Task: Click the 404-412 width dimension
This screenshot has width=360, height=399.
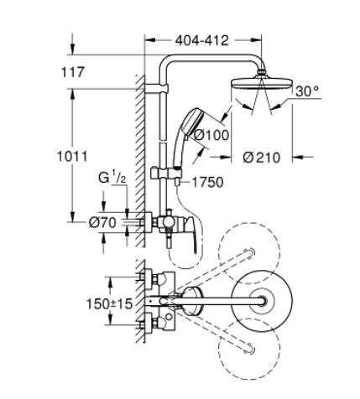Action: [x=201, y=41]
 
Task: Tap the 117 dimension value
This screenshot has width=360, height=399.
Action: [x=73, y=72]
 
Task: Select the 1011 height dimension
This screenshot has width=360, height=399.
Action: [x=72, y=156]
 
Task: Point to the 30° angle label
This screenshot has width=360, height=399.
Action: [x=307, y=91]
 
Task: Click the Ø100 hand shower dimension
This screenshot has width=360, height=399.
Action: [x=211, y=135]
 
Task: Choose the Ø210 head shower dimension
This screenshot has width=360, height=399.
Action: [x=261, y=158]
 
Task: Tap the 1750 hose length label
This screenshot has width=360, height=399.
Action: [x=207, y=183]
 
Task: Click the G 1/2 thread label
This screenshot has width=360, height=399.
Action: [x=112, y=178]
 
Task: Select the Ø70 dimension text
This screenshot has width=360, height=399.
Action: [x=102, y=223]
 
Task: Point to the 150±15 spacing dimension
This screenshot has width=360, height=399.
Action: [x=109, y=304]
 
